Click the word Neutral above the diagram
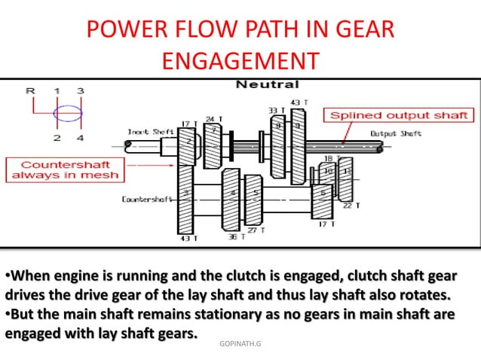(x=267, y=84)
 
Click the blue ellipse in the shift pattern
(x=69, y=115)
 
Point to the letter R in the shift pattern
(x=30, y=91)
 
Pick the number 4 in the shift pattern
(x=80, y=138)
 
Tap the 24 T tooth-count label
(x=214, y=119)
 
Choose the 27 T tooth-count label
(x=256, y=230)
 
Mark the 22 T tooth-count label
(x=351, y=205)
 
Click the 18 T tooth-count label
(x=328, y=157)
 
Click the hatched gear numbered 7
(x=213, y=139)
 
